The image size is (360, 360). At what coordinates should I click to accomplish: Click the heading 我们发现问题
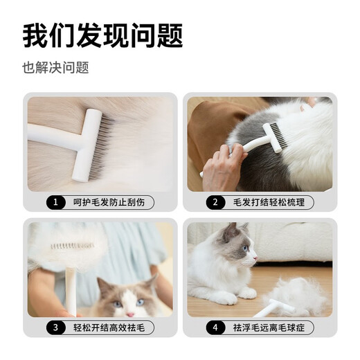[102, 37]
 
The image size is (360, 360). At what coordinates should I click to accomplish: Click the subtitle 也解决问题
[55, 68]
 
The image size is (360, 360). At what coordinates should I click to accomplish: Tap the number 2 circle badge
[215, 203]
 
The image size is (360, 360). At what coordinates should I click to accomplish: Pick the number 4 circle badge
[215, 328]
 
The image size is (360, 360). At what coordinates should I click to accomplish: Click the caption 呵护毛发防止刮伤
[110, 203]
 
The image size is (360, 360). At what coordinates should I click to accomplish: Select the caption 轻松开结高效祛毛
[110, 328]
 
